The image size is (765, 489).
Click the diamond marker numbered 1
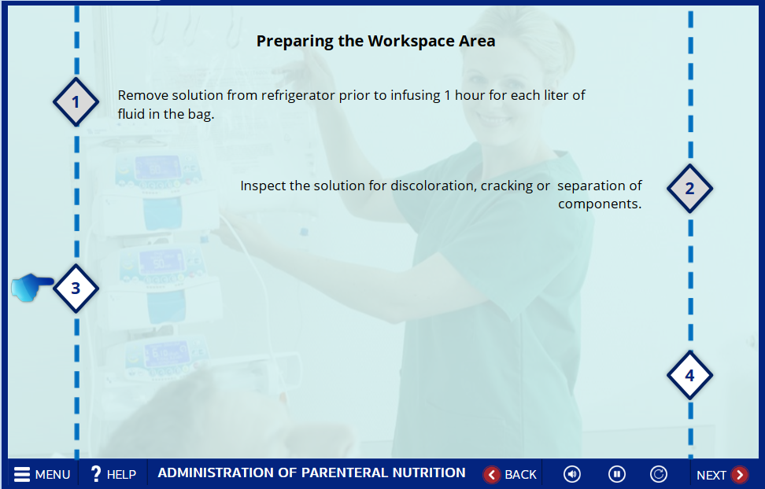[76, 102]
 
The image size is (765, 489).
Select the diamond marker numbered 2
[689, 189]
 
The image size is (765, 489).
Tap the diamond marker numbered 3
[76, 289]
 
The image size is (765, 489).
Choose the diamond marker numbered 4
[689, 376]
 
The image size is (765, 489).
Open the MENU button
[42, 474]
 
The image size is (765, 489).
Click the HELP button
[113, 474]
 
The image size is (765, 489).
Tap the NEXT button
[722, 475]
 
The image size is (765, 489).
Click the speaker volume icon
[572, 474]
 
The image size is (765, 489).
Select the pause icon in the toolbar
[617, 474]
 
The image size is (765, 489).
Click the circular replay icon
[659, 474]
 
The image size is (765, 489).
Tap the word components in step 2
[600, 204]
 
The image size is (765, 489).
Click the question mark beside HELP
[96, 474]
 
